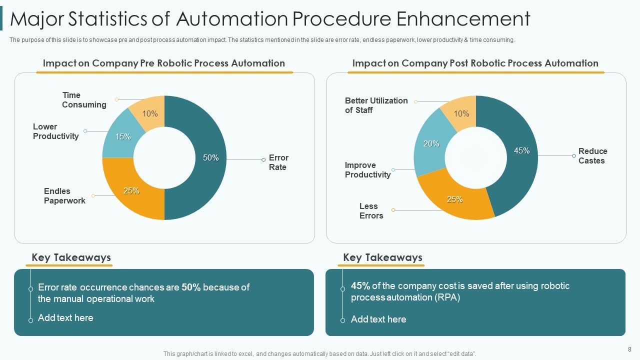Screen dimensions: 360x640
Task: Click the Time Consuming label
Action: coord(84,100)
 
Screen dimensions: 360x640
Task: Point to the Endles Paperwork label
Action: coord(64,196)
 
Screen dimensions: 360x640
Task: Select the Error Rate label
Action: coord(278,162)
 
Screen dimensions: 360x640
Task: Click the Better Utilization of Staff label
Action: coord(376,105)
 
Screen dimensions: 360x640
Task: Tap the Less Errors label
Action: coord(371,211)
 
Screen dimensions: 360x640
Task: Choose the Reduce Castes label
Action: coord(592,156)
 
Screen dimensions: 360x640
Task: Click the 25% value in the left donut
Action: coord(131,191)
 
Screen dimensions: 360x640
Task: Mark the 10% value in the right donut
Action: coord(461,114)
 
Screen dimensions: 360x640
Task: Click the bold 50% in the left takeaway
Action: coord(191,287)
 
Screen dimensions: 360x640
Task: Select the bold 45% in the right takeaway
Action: coord(360,286)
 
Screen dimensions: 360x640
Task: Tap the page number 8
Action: coord(629,349)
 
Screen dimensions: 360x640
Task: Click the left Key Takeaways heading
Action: coord(71,257)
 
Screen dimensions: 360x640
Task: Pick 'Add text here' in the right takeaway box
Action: coord(378,319)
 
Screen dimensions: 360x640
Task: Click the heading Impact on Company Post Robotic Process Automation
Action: coord(475,63)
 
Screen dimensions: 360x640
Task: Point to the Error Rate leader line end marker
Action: coord(263,160)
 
